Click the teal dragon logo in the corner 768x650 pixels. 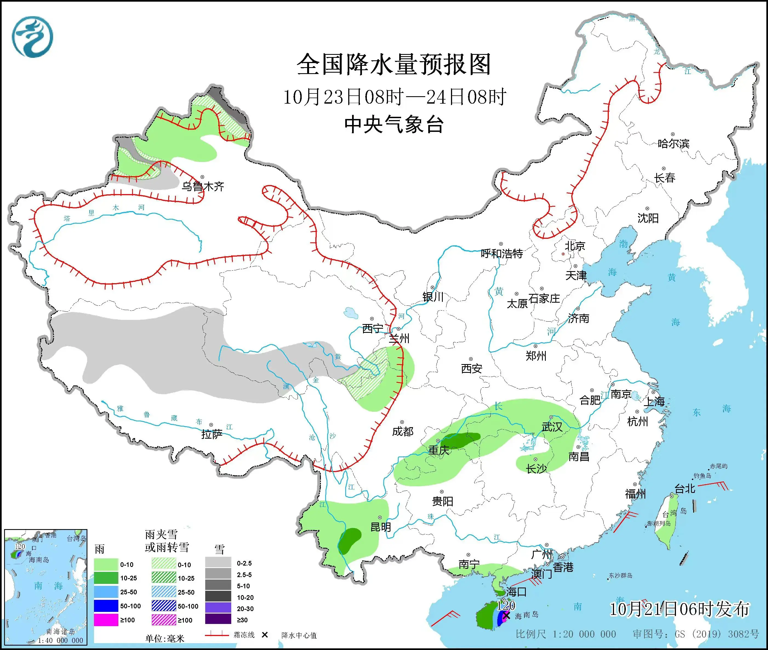32,37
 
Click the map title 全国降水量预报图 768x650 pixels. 393,64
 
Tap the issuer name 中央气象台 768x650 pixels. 393,124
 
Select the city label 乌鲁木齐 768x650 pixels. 202,186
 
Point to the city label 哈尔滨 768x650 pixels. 673,143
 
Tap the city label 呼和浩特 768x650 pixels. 502,254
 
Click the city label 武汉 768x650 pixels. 552,427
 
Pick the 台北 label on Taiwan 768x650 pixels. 685,489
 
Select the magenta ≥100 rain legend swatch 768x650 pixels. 106,620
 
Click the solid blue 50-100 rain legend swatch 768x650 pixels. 106,606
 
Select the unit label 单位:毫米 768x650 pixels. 165,638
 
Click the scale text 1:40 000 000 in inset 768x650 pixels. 60,640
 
